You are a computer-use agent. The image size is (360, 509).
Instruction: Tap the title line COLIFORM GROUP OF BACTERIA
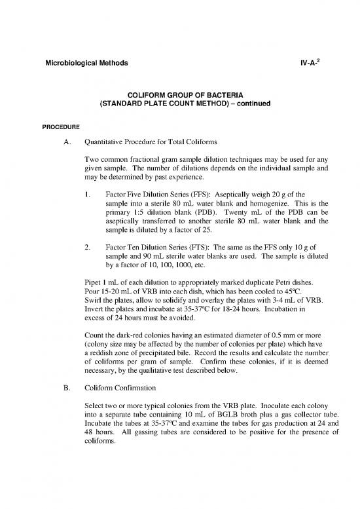click(x=180, y=95)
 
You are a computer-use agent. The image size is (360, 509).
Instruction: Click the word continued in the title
click(x=243, y=104)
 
